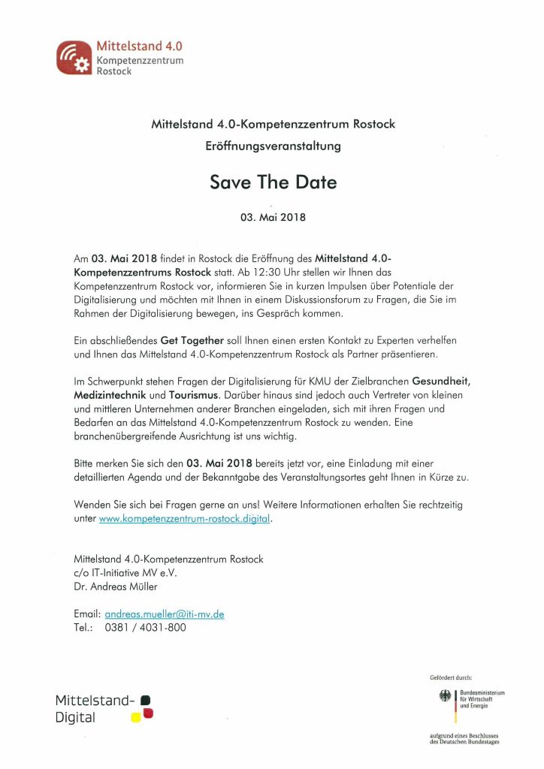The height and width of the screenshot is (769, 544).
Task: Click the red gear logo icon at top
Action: pos(73,58)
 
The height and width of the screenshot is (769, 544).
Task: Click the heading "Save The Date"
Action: pos(274,182)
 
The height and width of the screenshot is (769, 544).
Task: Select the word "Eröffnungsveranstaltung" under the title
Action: pos(273,146)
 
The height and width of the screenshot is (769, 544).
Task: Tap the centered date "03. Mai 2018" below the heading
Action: pos(273,219)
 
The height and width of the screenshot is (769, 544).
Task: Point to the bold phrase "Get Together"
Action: pos(192,340)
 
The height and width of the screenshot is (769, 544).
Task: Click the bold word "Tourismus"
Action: pos(192,394)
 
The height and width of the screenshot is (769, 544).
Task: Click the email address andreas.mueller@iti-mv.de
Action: pos(165,614)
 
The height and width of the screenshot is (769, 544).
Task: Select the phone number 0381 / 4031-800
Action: pos(145,627)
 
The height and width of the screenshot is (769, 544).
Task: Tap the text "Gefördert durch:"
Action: pos(451,677)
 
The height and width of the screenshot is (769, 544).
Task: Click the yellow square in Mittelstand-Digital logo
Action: pos(136,716)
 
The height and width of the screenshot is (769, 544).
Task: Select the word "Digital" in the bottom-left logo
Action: pos(75,717)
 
